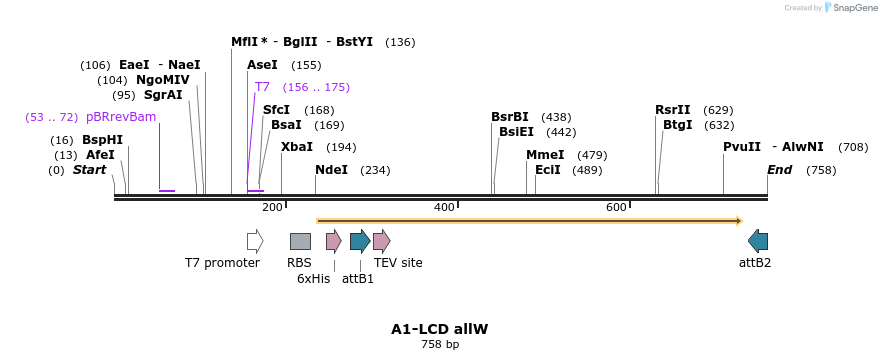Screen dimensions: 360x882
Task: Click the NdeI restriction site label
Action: click(331, 170)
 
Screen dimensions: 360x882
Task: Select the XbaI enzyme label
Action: click(297, 147)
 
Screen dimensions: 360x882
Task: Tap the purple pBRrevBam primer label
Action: click(120, 117)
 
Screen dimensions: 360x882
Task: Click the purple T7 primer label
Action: click(262, 87)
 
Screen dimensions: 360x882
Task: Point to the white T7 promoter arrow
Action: click(255, 241)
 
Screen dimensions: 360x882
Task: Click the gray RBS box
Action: click(300, 241)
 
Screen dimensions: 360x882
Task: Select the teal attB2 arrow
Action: click(758, 241)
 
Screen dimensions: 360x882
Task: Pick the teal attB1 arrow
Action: click(360, 241)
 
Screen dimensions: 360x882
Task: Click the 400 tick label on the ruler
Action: click(444, 207)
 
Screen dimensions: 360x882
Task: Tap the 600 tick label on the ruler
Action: click(616, 207)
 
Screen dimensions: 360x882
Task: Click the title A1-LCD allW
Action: click(440, 329)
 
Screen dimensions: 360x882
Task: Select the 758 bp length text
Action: click(440, 345)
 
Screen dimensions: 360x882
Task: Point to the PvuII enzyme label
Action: click(742, 147)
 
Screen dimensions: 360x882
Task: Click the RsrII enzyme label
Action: click(673, 110)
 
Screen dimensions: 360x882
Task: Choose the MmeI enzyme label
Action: click(545, 155)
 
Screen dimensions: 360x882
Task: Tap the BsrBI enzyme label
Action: click(510, 117)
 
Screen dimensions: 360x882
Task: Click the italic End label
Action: click(780, 170)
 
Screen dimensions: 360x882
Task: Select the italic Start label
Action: click(89, 170)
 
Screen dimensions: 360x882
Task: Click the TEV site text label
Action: click(398, 263)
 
